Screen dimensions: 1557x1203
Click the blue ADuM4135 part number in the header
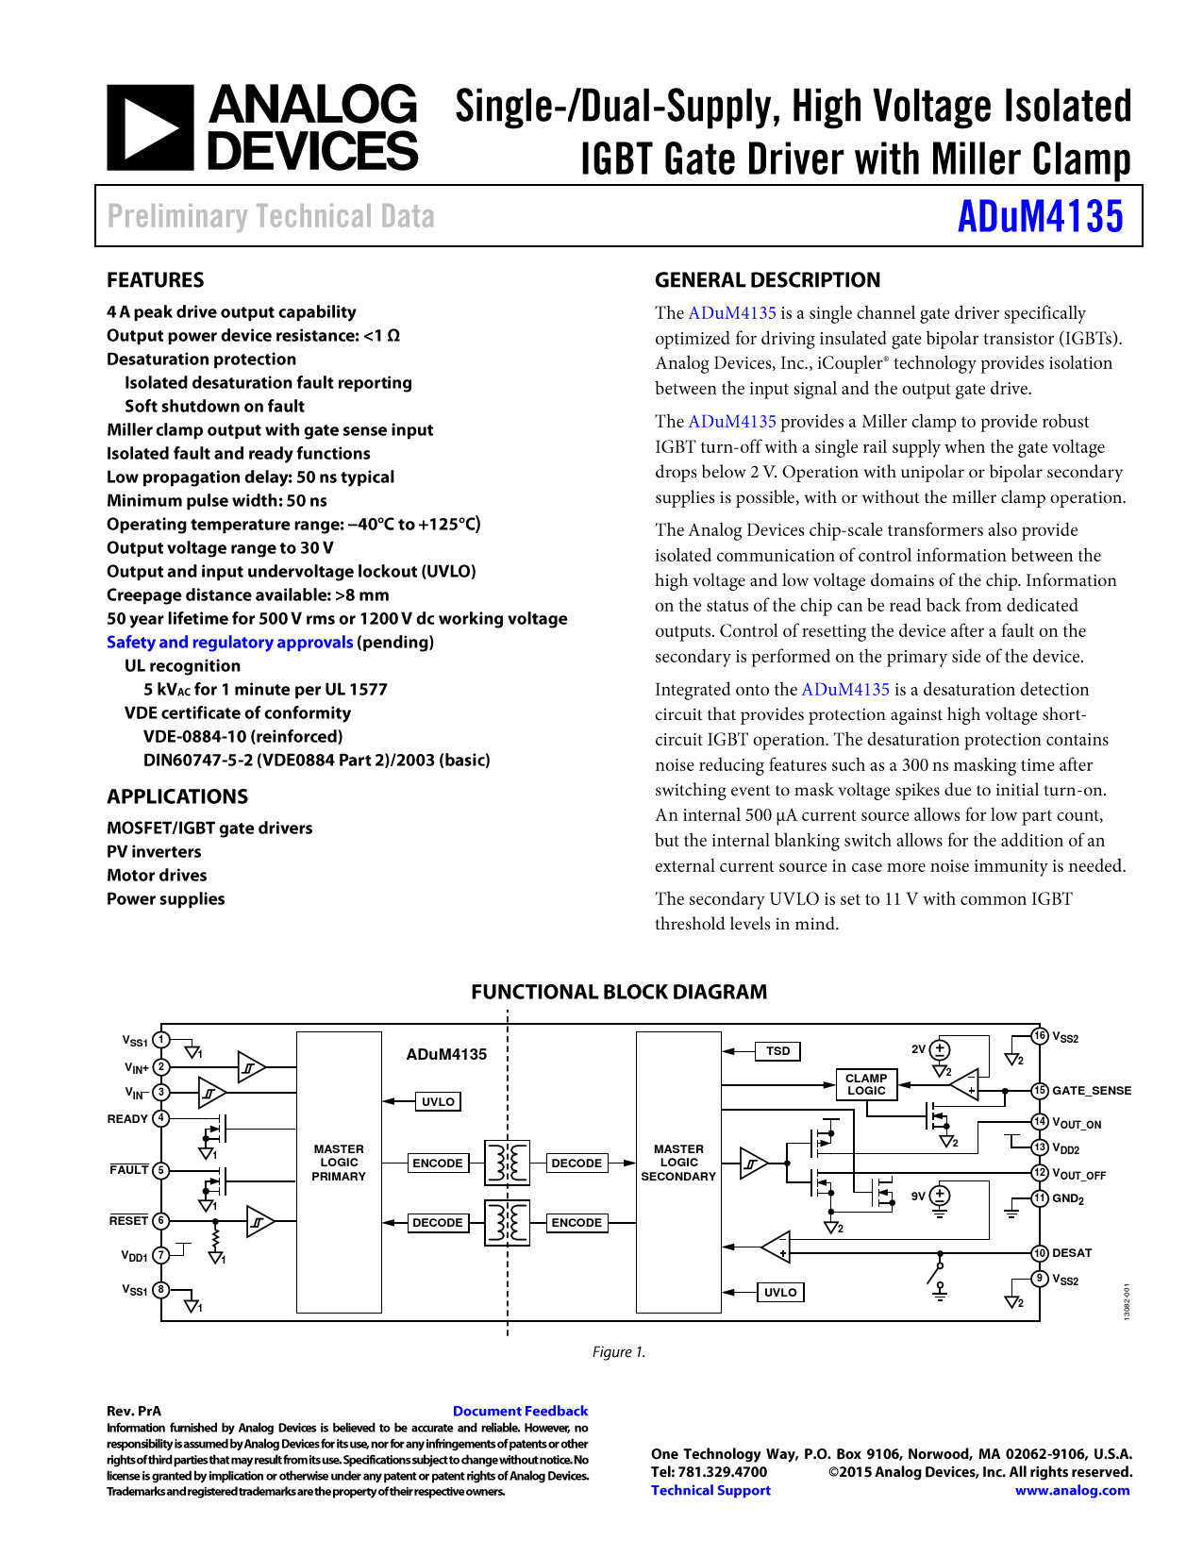click(x=1040, y=217)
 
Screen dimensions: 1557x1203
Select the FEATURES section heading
click(x=156, y=280)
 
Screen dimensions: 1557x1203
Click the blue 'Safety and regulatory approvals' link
click(x=230, y=643)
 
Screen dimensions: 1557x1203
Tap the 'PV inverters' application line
click(x=154, y=852)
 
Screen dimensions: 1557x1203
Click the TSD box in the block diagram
click(x=778, y=1051)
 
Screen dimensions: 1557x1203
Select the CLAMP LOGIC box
click(x=866, y=1084)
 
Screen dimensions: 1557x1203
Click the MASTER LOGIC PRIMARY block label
click(x=339, y=1163)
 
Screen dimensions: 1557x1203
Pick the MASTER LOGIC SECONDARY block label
click(x=678, y=1163)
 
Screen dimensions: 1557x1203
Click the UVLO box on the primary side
click(x=438, y=1102)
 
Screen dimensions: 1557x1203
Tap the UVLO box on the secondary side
click(x=780, y=1293)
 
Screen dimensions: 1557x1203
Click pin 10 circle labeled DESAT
click(x=1040, y=1253)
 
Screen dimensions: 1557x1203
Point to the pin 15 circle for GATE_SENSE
click(x=1040, y=1091)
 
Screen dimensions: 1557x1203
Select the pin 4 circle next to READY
click(x=161, y=1118)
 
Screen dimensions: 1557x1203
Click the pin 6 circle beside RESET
click(x=161, y=1220)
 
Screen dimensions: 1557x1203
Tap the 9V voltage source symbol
click(x=940, y=1196)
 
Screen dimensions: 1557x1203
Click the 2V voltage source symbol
click(x=940, y=1049)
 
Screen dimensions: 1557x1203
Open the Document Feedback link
click(x=520, y=1412)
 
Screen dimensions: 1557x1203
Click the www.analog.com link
click(x=1072, y=1491)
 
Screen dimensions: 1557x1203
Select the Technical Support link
click(x=710, y=1491)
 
